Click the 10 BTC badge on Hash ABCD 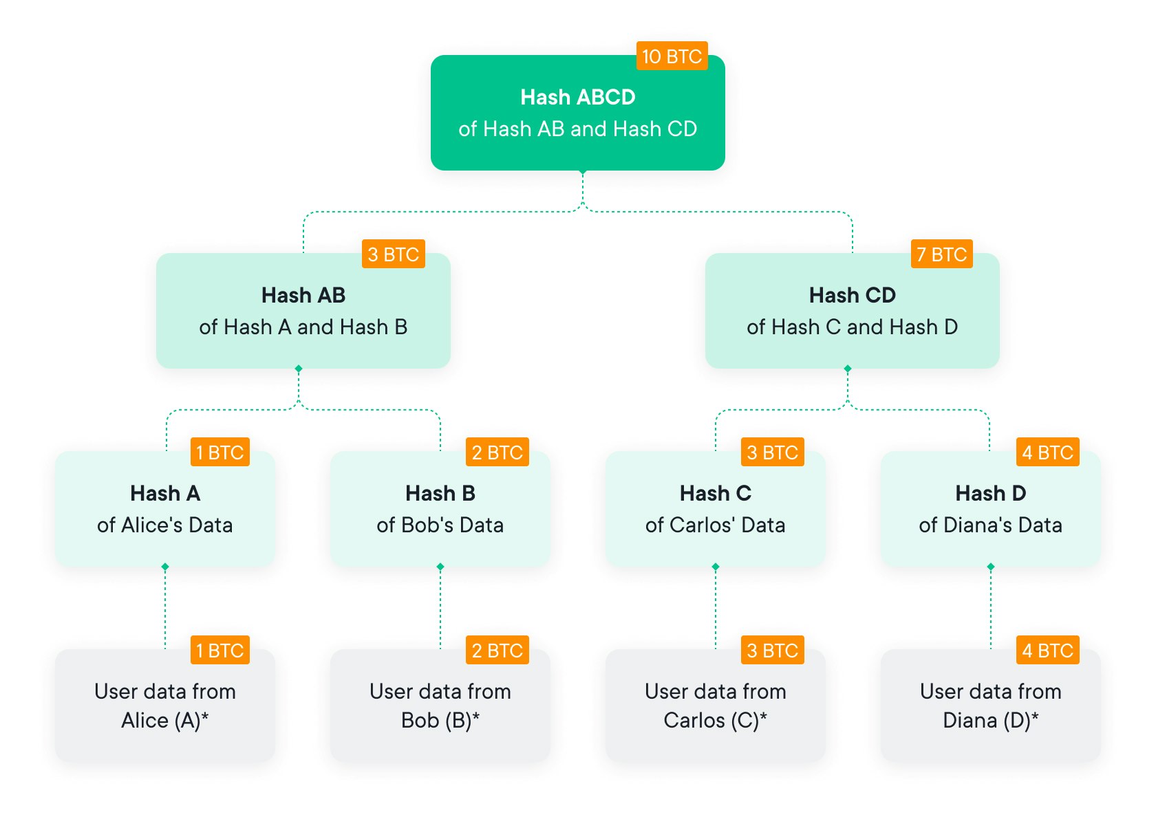(x=672, y=56)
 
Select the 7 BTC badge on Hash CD (x=942, y=254)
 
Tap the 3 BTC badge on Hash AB (x=394, y=254)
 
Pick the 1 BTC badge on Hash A (x=220, y=452)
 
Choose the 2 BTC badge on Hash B (x=497, y=452)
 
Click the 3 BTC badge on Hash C (x=773, y=452)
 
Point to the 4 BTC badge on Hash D (x=1048, y=452)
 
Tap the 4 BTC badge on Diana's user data (x=1048, y=650)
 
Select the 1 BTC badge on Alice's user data (x=220, y=650)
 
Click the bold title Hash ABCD (x=578, y=97)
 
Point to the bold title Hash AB (x=303, y=295)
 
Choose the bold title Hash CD (x=853, y=295)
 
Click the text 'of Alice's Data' (x=165, y=525)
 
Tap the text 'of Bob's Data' (x=440, y=525)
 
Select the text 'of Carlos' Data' (x=716, y=525)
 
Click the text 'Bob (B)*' (x=440, y=720)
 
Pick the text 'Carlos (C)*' (x=716, y=720)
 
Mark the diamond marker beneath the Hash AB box (x=299, y=369)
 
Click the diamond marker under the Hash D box (x=991, y=567)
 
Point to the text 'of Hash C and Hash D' (x=853, y=327)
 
